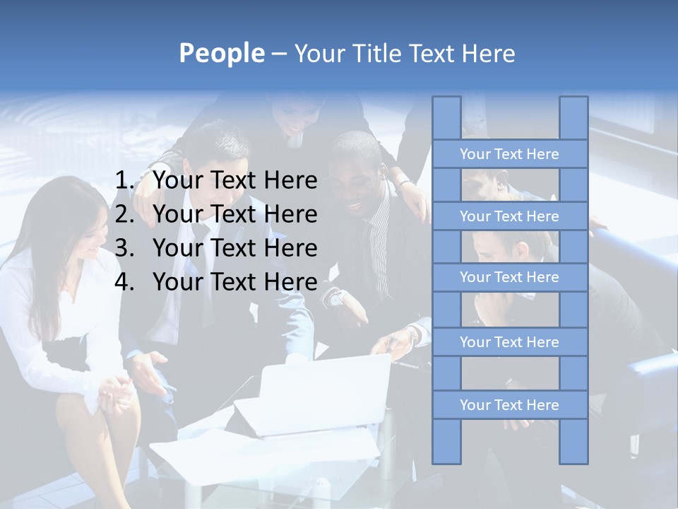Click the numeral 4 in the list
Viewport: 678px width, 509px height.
point(124,282)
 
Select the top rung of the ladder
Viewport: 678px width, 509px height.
point(509,154)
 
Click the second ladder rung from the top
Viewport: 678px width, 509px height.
point(509,216)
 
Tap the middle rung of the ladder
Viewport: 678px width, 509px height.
point(509,277)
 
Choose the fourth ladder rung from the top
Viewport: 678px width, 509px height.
point(509,342)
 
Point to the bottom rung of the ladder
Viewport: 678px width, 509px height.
point(509,405)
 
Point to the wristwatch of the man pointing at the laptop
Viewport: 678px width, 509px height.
point(335,298)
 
